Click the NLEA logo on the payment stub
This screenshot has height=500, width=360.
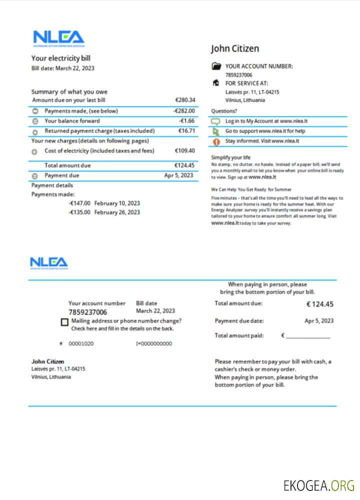[48, 263]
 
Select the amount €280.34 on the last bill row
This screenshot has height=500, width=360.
[185, 100]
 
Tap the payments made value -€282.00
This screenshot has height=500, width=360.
[184, 111]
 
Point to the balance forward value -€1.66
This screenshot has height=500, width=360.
[186, 121]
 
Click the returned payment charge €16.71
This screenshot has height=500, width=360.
[186, 131]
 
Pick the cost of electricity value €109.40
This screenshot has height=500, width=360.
[184, 150]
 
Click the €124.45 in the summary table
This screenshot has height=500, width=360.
[184, 165]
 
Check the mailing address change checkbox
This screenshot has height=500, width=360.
[64, 322]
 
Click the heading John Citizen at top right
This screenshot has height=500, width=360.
[234, 48]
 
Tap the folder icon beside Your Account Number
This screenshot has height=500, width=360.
[216, 66]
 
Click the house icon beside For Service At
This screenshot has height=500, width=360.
[216, 83]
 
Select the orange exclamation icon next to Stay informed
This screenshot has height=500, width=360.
[216, 141]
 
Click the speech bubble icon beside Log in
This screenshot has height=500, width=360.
[216, 121]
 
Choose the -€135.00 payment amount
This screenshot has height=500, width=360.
[79, 212]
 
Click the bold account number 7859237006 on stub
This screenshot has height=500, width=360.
[87, 312]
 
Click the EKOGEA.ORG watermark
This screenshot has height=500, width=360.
[318, 485]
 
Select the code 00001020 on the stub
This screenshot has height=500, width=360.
[81, 344]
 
